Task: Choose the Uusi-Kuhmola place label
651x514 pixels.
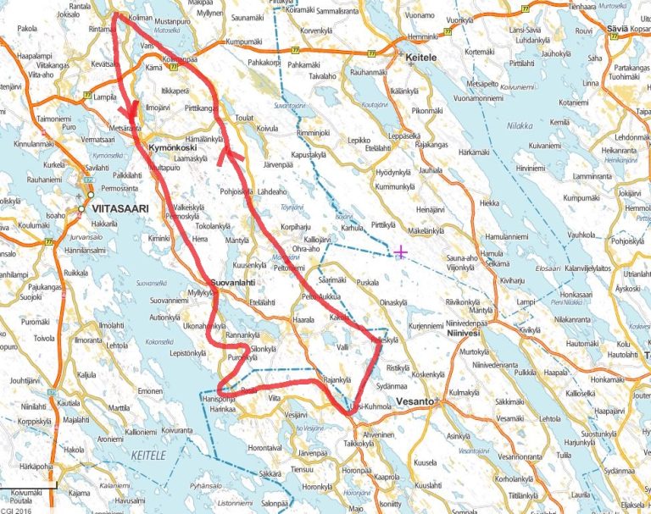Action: click(x=370, y=407)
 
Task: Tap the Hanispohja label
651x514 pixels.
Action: click(x=219, y=398)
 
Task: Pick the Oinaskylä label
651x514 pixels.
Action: click(x=400, y=302)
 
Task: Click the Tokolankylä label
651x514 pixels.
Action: click(x=216, y=227)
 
